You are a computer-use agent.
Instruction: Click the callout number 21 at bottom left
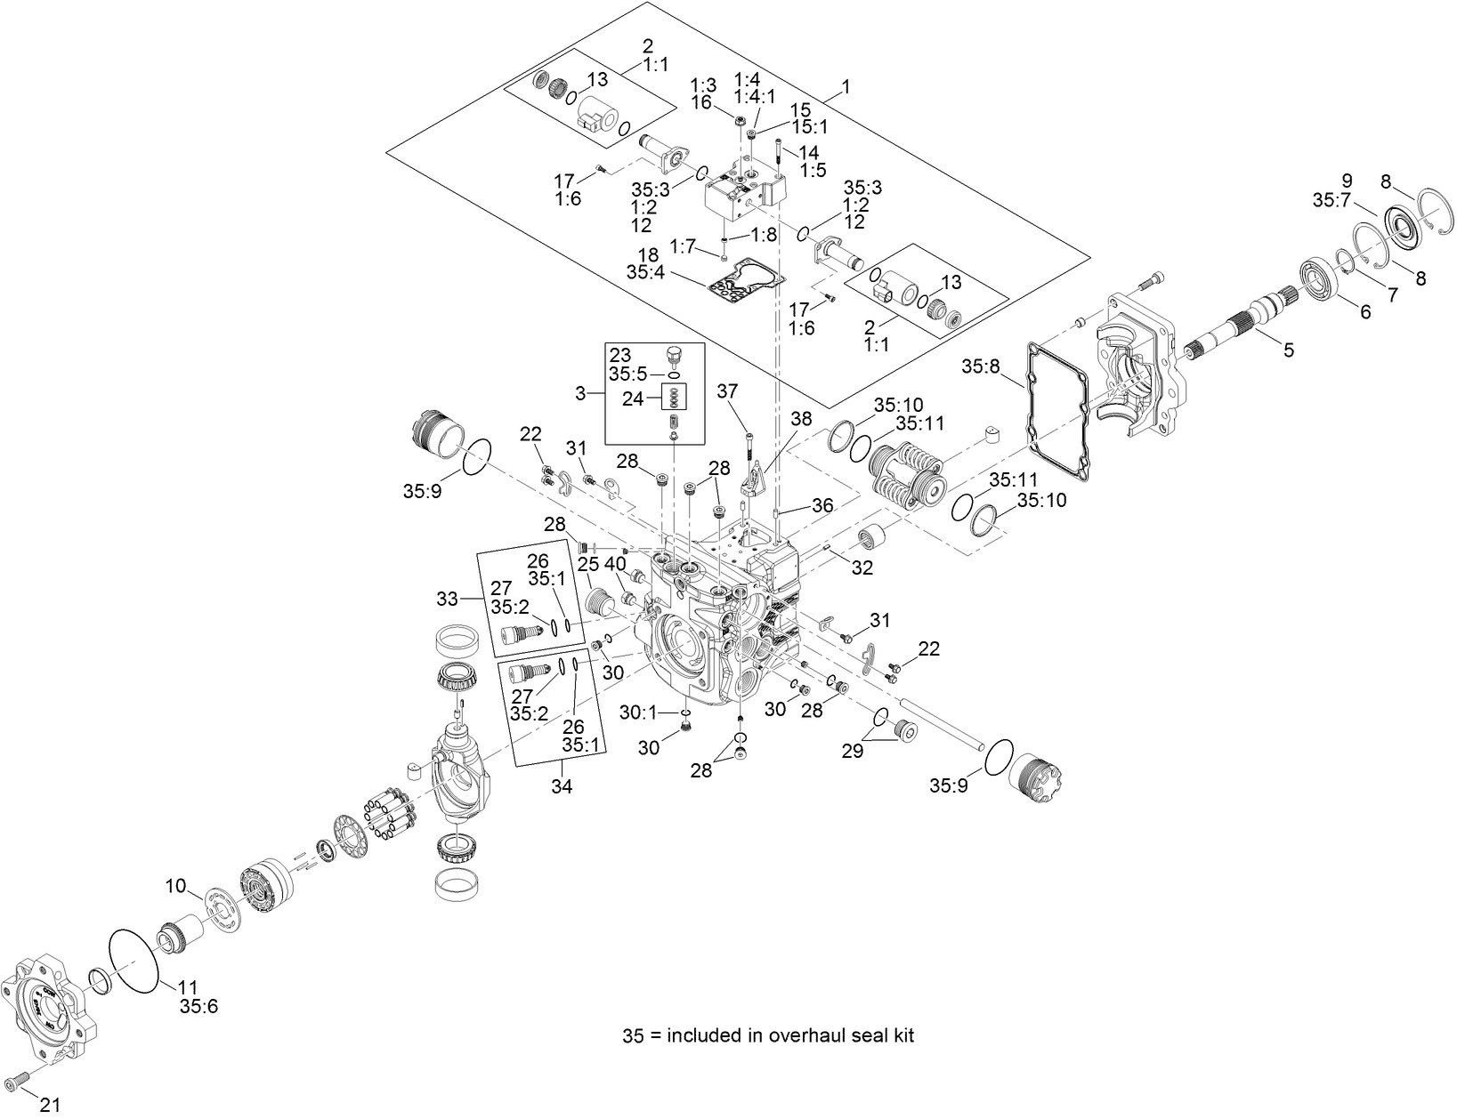pos(51,1105)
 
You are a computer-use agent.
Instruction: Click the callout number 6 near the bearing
pos(1364,311)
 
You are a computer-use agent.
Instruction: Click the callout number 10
pos(175,886)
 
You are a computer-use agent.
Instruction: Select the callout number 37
pos(728,392)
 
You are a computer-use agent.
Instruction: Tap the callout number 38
pos(801,418)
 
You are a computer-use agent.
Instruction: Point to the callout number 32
pos(862,567)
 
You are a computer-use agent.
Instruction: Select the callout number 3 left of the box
pos(582,391)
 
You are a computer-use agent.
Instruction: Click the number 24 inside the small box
pos(633,399)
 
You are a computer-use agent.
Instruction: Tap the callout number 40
pos(615,563)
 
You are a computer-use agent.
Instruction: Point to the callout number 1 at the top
pos(846,87)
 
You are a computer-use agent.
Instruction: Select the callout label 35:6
pos(198,1006)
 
